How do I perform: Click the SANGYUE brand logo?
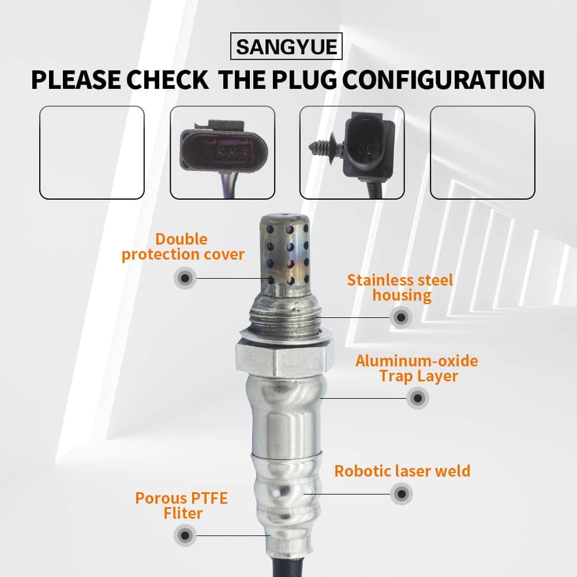(x=286, y=46)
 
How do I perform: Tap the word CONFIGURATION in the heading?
(x=444, y=80)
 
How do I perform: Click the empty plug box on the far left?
(x=92, y=152)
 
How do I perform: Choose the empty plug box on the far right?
(x=482, y=152)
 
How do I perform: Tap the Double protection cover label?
(x=183, y=247)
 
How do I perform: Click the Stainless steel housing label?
(x=400, y=288)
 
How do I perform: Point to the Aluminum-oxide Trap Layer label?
(x=417, y=368)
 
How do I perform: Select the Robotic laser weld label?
(x=402, y=471)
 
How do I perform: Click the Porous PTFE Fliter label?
(x=181, y=505)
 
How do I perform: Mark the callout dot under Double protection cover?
(x=185, y=278)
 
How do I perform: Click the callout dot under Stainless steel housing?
(x=401, y=317)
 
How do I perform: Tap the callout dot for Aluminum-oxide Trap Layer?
(x=418, y=398)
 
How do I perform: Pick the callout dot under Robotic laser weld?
(x=402, y=494)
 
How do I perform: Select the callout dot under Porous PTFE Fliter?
(x=185, y=535)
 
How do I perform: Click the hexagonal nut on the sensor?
(x=282, y=359)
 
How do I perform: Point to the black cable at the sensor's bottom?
(x=288, y=567)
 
